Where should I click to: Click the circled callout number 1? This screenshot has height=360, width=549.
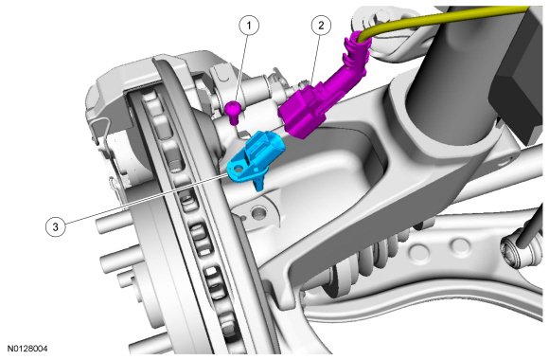249,26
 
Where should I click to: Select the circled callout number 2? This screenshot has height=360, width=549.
321,25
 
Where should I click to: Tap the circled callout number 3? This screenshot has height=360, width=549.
55,226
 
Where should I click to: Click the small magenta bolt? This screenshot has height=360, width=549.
233,112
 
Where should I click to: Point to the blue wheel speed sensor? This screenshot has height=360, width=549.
255,156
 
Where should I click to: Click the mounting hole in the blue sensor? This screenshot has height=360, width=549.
239,170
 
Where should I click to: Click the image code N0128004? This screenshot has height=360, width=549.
27,349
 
